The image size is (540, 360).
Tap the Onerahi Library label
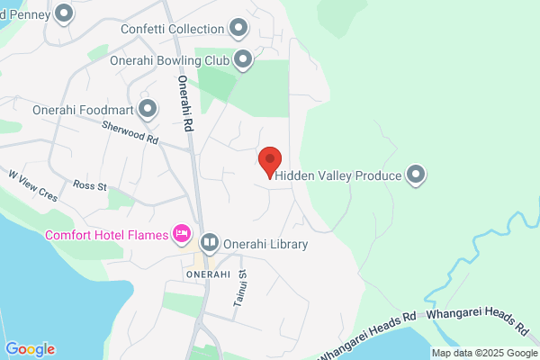(x=266, y=243)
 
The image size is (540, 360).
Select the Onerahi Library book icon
(x=210, y=242)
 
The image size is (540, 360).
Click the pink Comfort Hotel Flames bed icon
(x=182, y=235)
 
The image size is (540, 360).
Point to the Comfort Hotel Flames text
(x=107, y=236)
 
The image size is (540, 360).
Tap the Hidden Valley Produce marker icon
(x=416, y=175)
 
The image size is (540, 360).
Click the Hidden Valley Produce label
(x=338, y=175)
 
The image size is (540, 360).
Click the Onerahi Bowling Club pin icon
(x=242, y=60)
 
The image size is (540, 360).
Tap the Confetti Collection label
(x=172, y=29)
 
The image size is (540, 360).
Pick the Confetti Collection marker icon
(x=238, y=29)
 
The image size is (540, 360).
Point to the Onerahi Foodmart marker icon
(x=146, y=112)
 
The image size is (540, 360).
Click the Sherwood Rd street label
(x=130, y=134)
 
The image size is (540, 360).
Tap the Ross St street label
(x=90, y=186)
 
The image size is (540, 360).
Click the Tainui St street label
(x=240, y=289)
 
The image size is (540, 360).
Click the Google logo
(x=31, y=349)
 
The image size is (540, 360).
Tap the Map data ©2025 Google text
(x=482, y=353)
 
